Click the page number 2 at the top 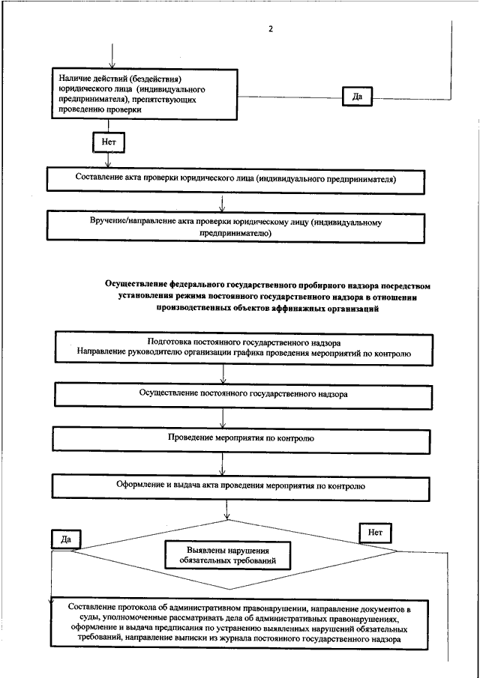tap(271, 29)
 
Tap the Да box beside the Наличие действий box tap(357, 96)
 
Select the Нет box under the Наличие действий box tap(109, 142)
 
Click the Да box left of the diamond tap(66, 539)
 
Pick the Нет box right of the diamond tap(375, 533)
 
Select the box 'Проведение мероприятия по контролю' tap(241, 439)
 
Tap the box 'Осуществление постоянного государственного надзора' tap(243, 396)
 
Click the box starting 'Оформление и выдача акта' tap(241, 487)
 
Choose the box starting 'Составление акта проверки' tap(235, 178)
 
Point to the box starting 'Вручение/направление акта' tap(235, 228)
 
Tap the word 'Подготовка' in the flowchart tap(166, 343)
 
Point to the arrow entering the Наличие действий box tap(112, 55)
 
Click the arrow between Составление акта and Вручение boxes tap(221, 203)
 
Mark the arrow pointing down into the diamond tap(226, 510)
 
